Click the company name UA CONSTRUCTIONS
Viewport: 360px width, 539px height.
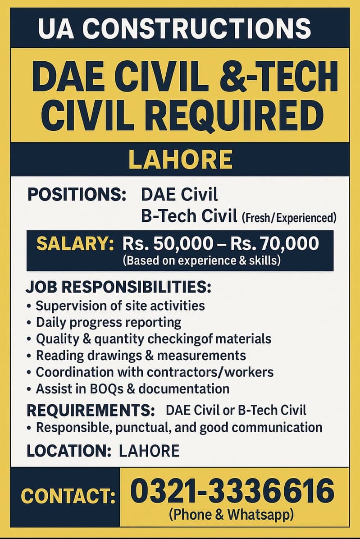(x=174, y=28)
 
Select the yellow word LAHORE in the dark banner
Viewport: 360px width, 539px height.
(x=180, y=160)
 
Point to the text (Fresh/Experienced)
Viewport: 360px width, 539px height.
(x=289, y=218)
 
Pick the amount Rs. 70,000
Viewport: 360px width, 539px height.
(x=274, y=244)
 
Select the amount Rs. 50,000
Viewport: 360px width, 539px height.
(x=167, y=244)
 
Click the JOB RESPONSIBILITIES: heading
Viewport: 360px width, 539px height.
(x=118, y=287)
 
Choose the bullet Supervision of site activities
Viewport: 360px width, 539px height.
(x=120, y=306)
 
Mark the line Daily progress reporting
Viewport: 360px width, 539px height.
(x=108, y=322)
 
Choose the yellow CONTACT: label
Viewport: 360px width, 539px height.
(x=68, y=497)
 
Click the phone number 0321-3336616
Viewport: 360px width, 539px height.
(x=232, y=491)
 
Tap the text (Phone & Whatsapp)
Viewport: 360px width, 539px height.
(x=232, y=514)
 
